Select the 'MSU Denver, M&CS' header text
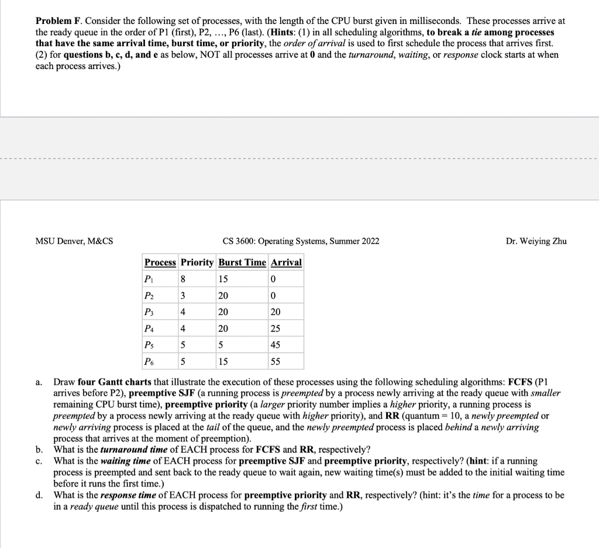click(74, 241)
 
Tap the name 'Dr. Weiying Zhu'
click(536, 241)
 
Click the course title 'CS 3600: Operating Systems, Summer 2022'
click(301, 241)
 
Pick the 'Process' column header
click(160, 262)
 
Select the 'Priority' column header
click(197, 262)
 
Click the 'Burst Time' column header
click(242, 262)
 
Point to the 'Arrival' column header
click(286, 262)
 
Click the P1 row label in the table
click(150, 279)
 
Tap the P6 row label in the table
click(150, 361)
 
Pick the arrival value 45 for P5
click(276, 345)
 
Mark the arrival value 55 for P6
click(276, 361)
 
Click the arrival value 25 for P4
click(276, 328)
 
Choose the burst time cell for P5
click(222, 345)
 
